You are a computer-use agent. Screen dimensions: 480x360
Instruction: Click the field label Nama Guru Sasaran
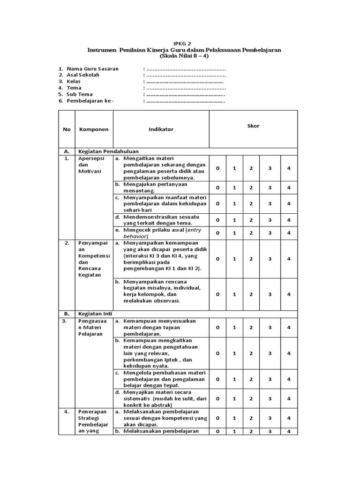coord(92,68)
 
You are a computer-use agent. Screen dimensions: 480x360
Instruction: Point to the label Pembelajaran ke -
coord(90,101)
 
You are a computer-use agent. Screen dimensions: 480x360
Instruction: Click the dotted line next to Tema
coord(186,88)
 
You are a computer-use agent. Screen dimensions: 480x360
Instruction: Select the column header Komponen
coord(94,129)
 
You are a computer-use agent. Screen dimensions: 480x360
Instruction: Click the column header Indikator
coord(161,129)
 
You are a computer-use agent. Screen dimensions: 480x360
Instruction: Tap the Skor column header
coord(253,126)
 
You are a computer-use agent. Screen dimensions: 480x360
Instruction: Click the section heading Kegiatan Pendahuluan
coord(106,151)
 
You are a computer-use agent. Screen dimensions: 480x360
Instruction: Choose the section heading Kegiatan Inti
coord(96,313)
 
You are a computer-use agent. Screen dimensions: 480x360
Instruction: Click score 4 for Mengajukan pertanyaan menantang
coord(289,187)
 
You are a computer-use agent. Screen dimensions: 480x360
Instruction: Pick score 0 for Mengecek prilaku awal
coord(217,233)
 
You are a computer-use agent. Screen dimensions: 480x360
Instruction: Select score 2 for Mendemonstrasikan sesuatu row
coord(251,220)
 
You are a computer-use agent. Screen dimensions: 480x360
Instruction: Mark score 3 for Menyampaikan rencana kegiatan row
coord(270,294)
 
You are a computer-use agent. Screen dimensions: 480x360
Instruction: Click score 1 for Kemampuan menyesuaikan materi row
coord(234,327)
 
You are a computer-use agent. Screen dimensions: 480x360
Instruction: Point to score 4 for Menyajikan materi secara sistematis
coord(289,398)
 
